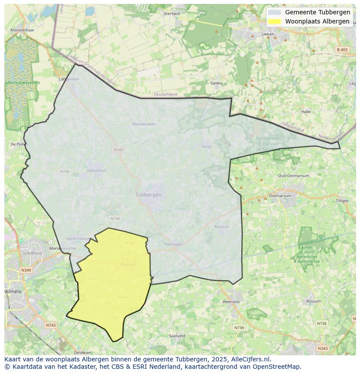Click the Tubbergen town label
[148, 195]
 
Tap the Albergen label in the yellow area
[128, 264]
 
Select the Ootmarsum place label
[280, 195]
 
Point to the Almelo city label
[13, 291]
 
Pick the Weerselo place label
[231, 301]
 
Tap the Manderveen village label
[144, 124]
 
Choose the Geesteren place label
[97, 170]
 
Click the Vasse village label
[206, 146]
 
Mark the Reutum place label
[222, 226]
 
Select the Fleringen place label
[174, 244]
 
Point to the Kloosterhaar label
[22, 30]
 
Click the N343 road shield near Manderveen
[118, 149]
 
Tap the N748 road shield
[64, 172]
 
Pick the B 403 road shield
[343, 50]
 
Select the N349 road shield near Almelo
[26, 270]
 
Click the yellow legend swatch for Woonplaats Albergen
[274, 21]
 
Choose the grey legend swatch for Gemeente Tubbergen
[274, 12]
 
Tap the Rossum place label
[313, 301]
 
